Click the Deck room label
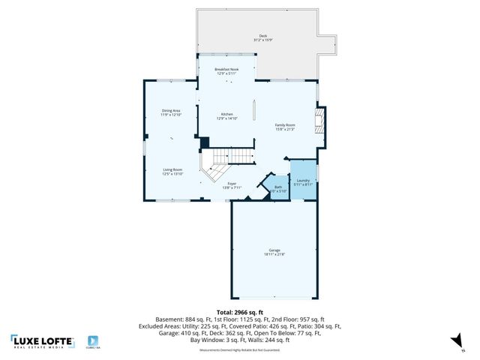click(262, 37)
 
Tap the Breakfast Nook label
click(226, 71)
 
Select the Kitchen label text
click(226, 116)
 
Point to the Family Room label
click(285, 127)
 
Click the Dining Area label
click(171, 113)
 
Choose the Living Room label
click(173, 172)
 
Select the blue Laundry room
click(303, 182)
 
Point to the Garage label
click(274, 252)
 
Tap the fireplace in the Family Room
click(320, 121)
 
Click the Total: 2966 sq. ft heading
click(239, 310)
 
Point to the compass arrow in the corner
click(455, 342)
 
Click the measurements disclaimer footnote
click(239, 349)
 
